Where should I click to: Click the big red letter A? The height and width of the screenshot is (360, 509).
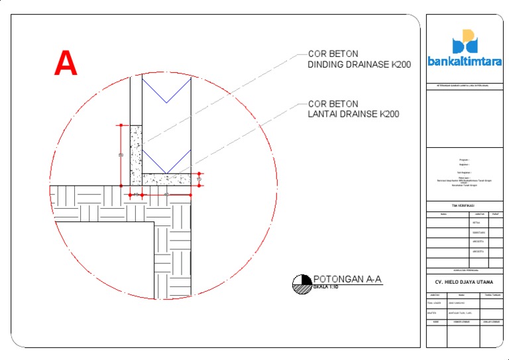tap(66, 64)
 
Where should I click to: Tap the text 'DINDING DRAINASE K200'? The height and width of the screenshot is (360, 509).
tap(360, 65)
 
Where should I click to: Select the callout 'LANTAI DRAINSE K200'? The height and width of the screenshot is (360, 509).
tap(354, 114)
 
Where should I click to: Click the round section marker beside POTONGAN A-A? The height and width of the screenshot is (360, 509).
tap(302, 284)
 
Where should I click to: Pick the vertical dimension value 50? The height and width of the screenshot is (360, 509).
tap(121, 155)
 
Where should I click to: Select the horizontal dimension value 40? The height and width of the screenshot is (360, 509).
tap(166, 194)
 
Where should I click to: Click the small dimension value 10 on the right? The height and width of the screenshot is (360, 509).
tap(199, 179)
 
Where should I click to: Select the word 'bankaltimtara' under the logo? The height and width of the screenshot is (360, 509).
tap(465, 63)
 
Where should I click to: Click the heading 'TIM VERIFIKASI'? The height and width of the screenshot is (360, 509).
tap(463, 206)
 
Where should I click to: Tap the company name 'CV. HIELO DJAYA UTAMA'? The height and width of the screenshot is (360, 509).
tap(464, 282)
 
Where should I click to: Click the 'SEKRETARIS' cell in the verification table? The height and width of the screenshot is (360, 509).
tap(478, 233)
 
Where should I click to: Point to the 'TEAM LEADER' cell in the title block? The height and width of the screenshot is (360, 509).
tap(435, 303)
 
